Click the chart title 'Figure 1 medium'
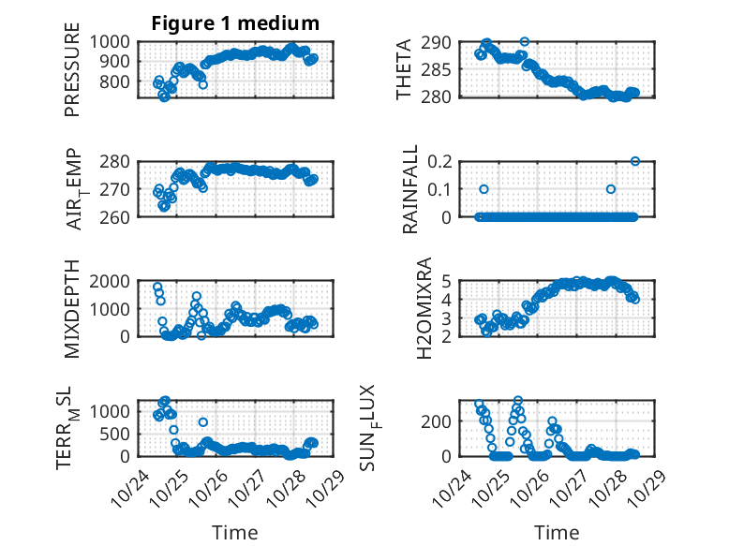tap(235, 22)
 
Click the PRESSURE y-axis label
tap(73, 77)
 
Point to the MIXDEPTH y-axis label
tap(73, 308)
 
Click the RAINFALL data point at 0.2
tap(635, 161)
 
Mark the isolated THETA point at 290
tap(525, 41)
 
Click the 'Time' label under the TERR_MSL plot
tap(234, 532)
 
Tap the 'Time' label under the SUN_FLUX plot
tap(557, 532)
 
